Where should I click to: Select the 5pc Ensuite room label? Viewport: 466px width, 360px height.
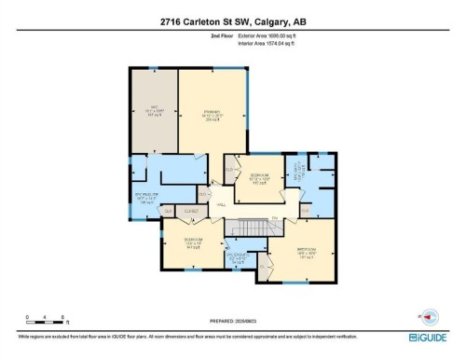pyautogui.click(x=149, y=198)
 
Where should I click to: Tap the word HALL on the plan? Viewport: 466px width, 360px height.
pyautogui.click(x=222, y=205)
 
